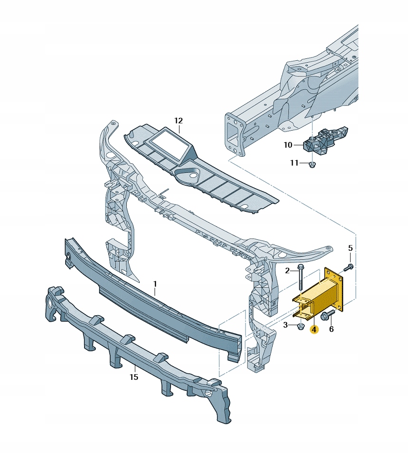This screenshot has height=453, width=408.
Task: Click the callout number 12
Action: pos(179,121)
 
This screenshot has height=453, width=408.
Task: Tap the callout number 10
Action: pos(288,145)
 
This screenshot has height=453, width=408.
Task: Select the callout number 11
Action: pos(294,163)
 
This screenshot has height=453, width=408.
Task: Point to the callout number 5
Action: pos(350,248)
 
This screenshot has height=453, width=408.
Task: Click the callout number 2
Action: pos(287,271)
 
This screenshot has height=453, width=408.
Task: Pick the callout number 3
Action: pos(285,325)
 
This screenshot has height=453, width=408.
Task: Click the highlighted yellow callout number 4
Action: pos(314,330)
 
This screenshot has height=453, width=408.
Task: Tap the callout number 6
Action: pos(332,329)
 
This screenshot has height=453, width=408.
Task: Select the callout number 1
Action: pos(155,284)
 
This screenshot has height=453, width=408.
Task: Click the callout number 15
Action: pos(134,377)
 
